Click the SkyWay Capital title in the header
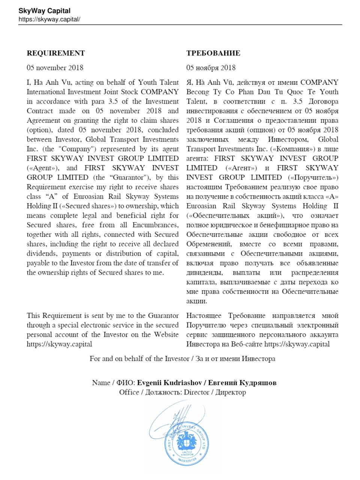tap(44, 11)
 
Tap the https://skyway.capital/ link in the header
tap(49, 19)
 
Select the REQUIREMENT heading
tap(56, 53)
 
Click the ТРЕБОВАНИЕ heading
tap(213, 53)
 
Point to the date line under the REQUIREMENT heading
tap(55, 68)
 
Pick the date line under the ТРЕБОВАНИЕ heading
tap(211, 68)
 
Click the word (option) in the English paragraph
tap(39, 130)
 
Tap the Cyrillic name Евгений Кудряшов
tap(242, 383)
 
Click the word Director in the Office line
tap(197, 392)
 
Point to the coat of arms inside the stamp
tap(186, 441)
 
